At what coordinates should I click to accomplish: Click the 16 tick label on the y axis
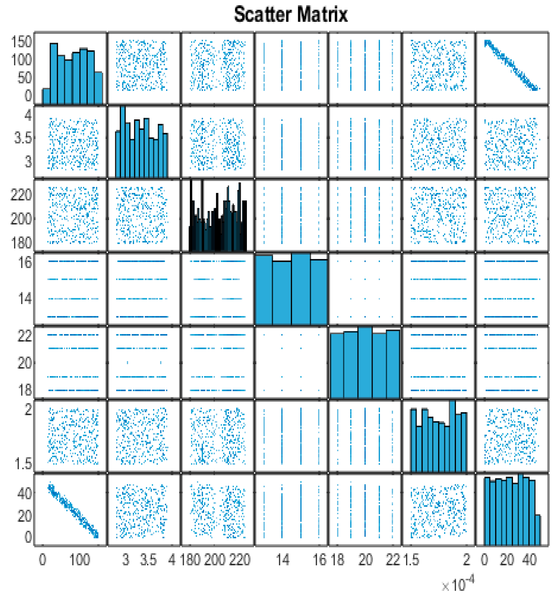coord(25,262)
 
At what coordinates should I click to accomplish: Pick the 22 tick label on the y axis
coord(25,336)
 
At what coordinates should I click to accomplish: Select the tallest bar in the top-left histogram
coord(54,74)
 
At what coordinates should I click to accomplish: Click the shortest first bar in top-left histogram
coord(46,96)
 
